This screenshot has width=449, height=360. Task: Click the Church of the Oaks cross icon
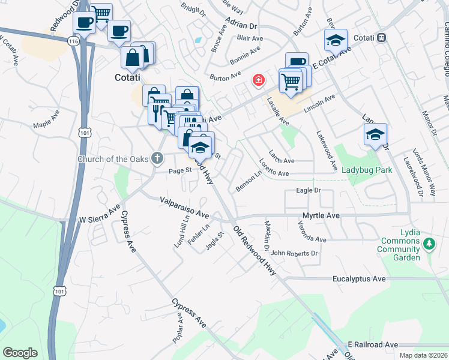point(157,158)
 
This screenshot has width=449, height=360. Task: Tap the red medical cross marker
point(259,80)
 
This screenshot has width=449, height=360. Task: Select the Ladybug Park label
point(367,170)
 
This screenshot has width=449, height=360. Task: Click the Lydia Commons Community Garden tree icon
point(429,244)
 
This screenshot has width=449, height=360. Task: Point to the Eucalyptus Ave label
point(359,279)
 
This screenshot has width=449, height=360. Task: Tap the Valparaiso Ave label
point(184,208)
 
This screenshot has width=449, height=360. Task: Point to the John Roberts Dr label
point(294,253)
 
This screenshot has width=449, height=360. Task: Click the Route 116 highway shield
point(73,41)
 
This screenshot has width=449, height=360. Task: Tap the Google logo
point(20,353)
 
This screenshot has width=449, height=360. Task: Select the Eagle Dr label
point(309,190)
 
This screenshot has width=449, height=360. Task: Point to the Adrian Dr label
point(241,23)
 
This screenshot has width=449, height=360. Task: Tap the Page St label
point(179,170)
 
